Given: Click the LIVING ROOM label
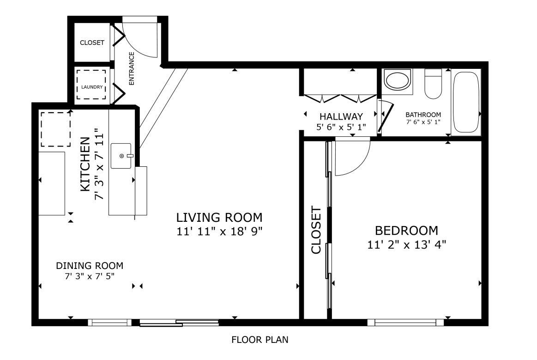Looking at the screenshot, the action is (x=219, y=217).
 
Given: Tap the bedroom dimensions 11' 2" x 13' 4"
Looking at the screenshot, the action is (x=406, y=245).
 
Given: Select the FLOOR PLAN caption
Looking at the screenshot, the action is (x=260, y=340).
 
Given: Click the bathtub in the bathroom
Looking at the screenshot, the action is (x=466, y=102).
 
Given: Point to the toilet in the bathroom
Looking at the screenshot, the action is (x=433, y=84).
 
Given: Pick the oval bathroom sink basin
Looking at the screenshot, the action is (x=397, y=80).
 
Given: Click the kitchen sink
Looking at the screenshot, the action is (x=121, y=156).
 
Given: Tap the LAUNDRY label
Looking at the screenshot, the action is (x=92, y=87).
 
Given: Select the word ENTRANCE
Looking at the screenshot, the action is (x=132, y=68).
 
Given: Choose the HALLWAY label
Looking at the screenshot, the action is (x=341, y=116).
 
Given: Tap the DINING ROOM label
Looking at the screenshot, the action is (x=90, y=266).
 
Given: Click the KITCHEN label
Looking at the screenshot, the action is (x=85, y=164).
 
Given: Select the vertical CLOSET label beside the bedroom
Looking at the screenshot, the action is (x=316, y=230).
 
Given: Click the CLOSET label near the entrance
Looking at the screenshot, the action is (x=92, y=43).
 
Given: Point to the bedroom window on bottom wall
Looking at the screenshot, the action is (x=405, y=323).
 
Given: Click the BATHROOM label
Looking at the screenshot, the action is (x=423, y=115).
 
